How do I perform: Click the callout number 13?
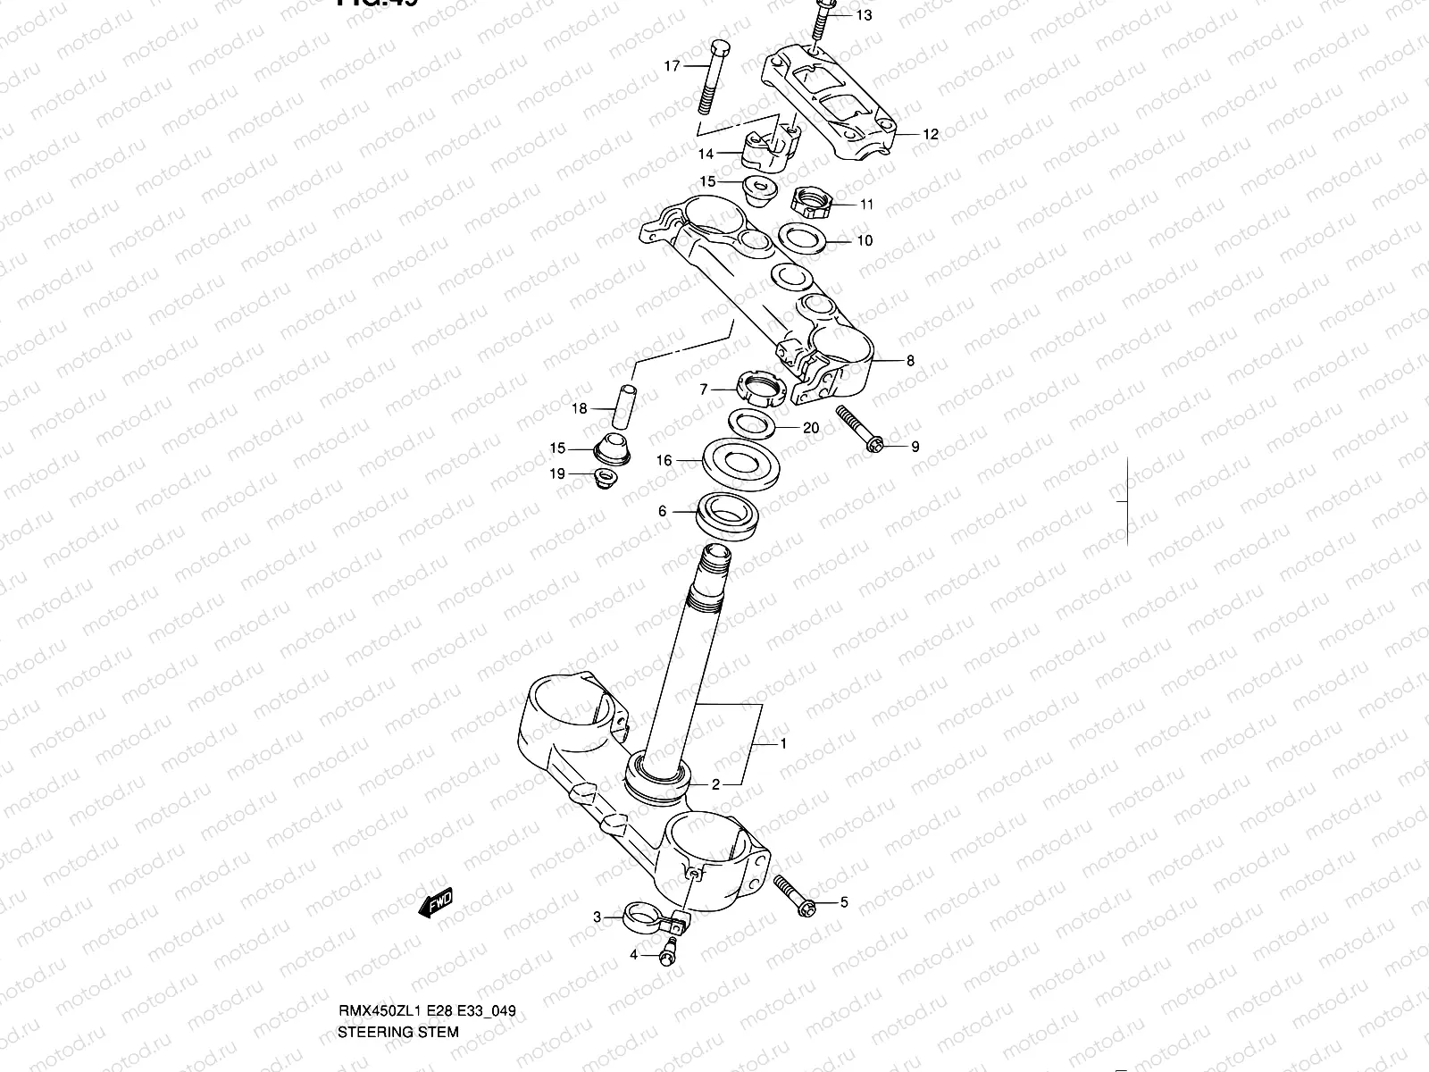(864, 16)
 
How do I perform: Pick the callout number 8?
(910, 362)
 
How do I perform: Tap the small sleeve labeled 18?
(623, 407)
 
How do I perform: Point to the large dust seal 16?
(743, 462)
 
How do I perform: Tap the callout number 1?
(783, 743)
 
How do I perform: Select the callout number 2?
(715, 785)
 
